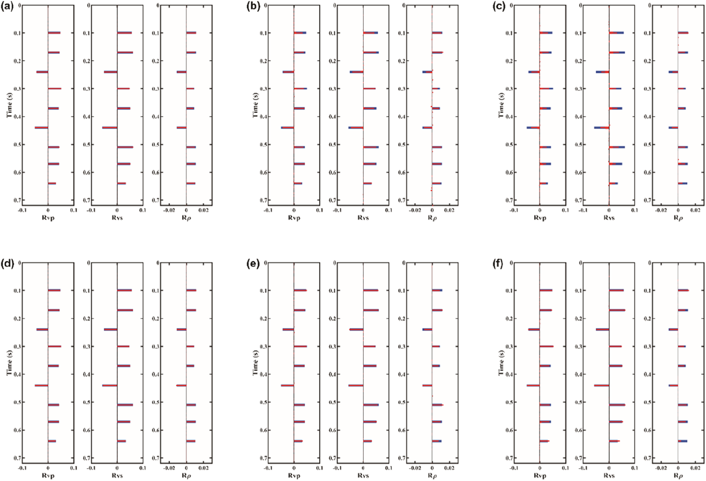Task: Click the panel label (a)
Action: point(8,7)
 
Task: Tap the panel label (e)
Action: point(254,264)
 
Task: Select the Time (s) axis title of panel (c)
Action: point(501,105)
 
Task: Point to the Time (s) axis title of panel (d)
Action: point(9,362)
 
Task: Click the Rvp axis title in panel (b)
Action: point(294,218)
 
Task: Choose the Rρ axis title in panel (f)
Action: point(678,475)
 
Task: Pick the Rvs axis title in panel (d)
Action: point(117,475)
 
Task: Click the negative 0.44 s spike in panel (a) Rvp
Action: point(41,128)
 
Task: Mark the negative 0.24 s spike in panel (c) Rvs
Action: point(602,72)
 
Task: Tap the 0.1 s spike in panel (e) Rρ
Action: point(437,290)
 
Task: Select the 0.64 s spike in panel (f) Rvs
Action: point(614,441)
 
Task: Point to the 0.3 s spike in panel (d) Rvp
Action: point(54,346)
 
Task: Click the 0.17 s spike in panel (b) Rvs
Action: point(371,53)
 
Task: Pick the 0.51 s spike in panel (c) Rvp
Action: point(545,147)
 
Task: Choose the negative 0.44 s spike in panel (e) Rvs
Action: point(356,385)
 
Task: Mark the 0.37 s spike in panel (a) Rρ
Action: point(190,108)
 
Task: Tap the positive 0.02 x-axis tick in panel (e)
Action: point(449,467)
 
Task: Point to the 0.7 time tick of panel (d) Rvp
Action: point(18,458)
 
